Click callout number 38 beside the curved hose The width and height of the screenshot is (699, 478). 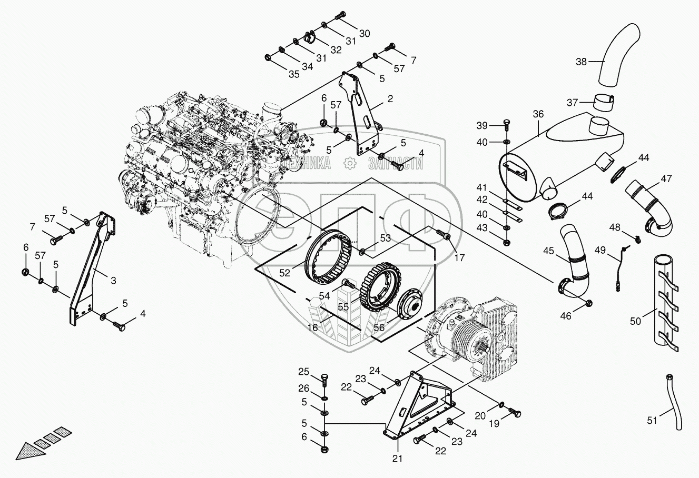coord(580,62)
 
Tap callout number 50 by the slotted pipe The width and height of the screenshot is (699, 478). coord(636,321)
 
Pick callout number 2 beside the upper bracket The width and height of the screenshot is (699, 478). coord(390,98)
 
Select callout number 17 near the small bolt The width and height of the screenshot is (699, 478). coord(460,258)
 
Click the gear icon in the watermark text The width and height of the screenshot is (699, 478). coord(348,164)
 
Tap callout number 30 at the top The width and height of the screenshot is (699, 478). coord(365,33)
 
